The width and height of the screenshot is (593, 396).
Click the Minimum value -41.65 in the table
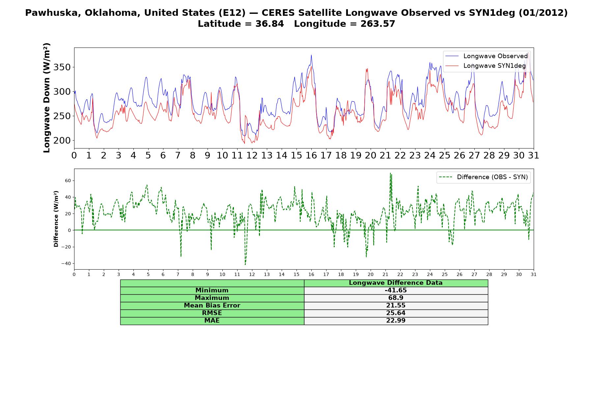click(396, 290)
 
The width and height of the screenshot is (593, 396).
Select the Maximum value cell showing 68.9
click(396, 298)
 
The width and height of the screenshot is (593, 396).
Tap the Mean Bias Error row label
click(212, 306)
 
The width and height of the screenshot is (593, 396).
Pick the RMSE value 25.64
click(396, 313)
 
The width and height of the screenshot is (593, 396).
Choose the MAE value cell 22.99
click(396, 321)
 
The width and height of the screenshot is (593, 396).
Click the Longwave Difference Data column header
click(396, 283)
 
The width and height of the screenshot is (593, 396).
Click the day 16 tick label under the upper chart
click(311, 155)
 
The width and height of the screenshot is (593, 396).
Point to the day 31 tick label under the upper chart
click(533, 155)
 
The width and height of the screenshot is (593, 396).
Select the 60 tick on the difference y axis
click(68, 181)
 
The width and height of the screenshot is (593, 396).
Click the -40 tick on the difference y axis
click(66, 264)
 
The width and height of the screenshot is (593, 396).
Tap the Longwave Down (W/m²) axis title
click(47, 98)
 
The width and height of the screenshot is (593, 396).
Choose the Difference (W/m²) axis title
click(56, 219)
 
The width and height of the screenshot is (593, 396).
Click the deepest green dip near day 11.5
click(245, 264)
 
